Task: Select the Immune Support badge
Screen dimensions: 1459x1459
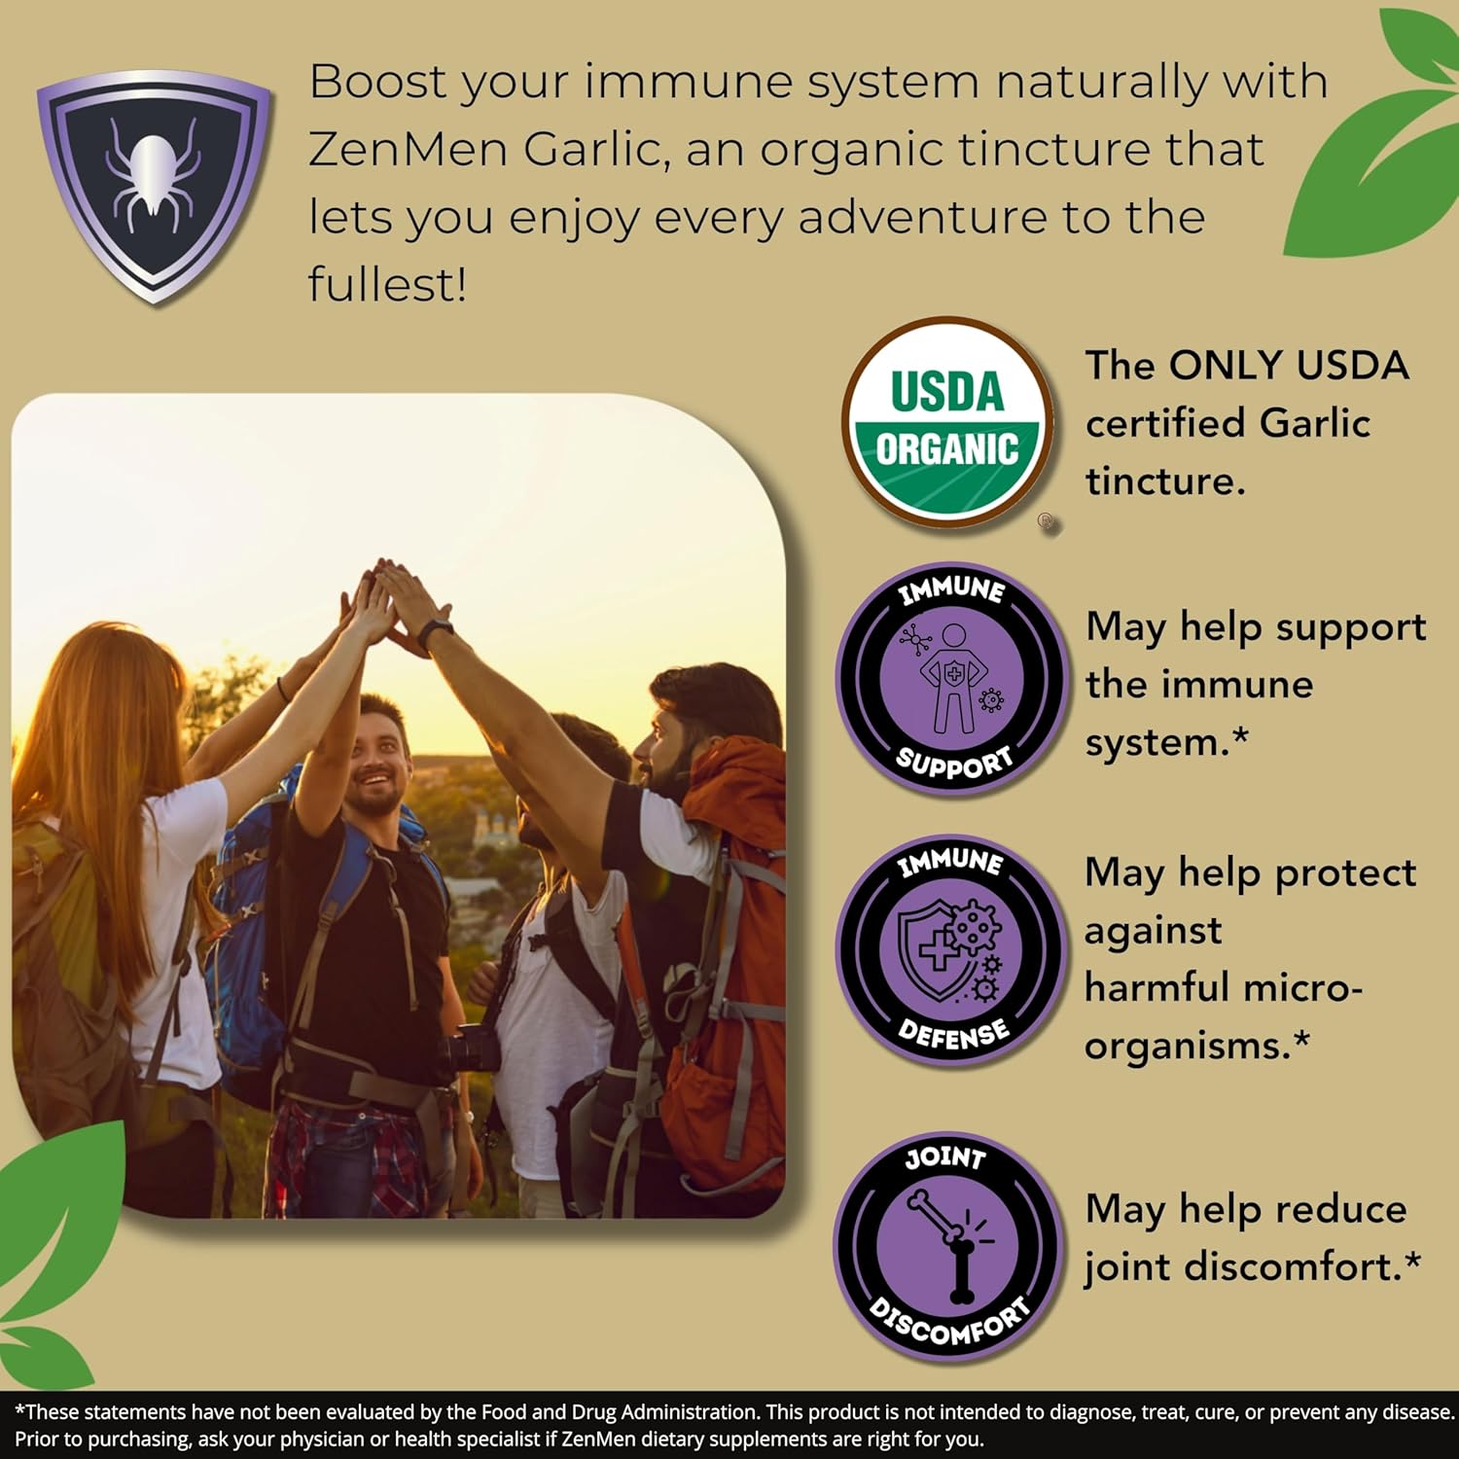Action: point(950,679)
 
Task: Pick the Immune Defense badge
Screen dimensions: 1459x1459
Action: point(950,948)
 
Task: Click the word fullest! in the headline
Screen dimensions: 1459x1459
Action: point(387,285)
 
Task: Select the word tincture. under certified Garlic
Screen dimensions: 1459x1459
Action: point(1165,481)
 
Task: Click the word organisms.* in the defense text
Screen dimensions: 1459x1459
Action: point(1197,1046)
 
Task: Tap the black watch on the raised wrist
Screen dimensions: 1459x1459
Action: point(436,633)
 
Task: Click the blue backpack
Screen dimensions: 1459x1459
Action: point(243,934)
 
